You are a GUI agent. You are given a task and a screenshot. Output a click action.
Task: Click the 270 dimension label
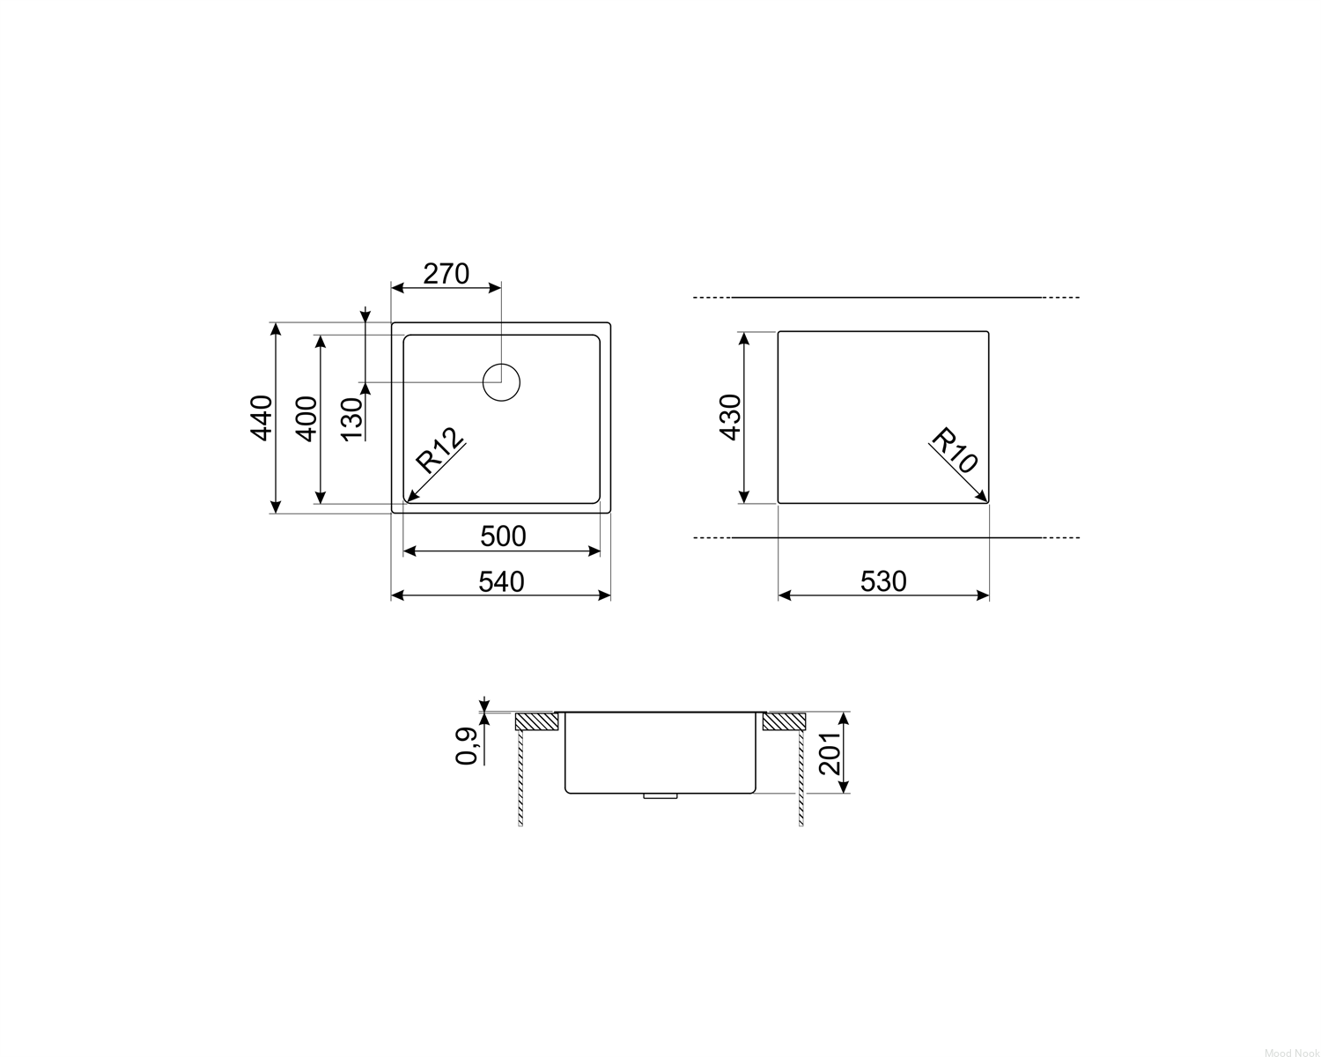446,274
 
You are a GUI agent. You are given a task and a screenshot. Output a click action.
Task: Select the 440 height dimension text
262,418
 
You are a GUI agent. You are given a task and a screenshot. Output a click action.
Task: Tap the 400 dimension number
307,419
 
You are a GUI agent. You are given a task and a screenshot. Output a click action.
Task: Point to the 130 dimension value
352,419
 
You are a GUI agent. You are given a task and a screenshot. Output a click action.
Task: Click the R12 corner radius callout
439,450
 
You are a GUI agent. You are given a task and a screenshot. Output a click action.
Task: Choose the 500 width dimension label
503,536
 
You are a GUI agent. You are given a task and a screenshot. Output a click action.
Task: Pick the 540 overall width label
501,581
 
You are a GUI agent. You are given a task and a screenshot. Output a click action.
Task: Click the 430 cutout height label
730,417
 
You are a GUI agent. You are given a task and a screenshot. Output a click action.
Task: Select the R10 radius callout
954,450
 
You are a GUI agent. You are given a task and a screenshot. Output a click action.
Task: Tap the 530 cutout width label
883,581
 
